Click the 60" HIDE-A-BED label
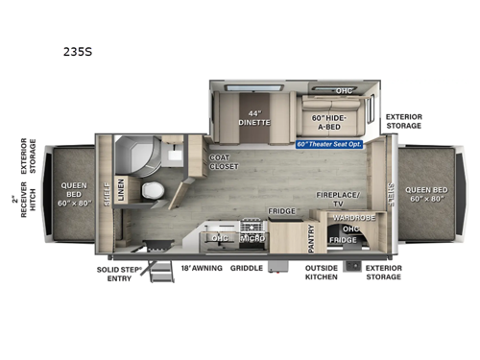pos(328,122)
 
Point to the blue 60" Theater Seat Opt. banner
pos(332,147)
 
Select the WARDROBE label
pos(348,218)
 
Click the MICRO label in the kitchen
pos(252,236)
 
